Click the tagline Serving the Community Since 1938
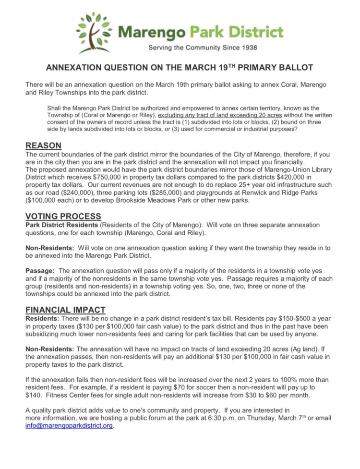coord(203,48)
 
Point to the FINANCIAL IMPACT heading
coord(65,310)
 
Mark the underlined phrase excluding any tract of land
coord(201,115)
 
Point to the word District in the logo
coord(254,33)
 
